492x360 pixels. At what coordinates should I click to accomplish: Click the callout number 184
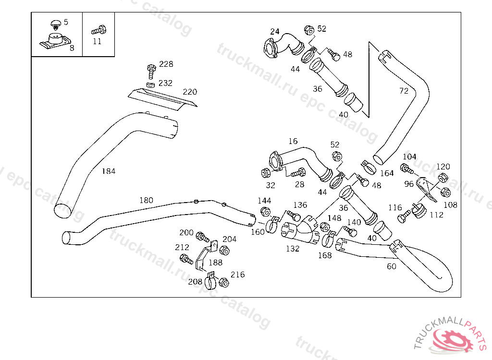(x=109, y=171)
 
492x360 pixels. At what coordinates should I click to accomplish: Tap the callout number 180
(x=146, y=200)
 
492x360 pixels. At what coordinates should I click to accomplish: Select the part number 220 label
(x=190, y=92)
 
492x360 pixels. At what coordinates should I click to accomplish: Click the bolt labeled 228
(x=151, y=72)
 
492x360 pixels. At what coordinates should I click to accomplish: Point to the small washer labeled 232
(x=150, y=84)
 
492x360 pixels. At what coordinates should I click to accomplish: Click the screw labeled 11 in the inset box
(x=99, y=30)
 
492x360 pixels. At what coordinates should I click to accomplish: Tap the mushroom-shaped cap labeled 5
(x=56, y=24)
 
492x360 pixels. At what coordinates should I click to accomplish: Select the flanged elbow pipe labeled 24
(x=283, y=46)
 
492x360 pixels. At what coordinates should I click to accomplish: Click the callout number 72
(x=404, y=91)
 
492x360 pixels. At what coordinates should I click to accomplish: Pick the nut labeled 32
(x=265, y=173)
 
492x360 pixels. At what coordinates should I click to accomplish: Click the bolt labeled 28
(x=298, y=172)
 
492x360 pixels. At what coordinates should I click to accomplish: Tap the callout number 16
(x=293, y=141)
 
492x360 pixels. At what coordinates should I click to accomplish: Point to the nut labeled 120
(x=443, y=178)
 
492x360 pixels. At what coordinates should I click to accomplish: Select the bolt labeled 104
(x=407, y=168)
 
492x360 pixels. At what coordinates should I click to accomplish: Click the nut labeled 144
(x=265, y=212)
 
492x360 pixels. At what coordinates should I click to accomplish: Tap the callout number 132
(x=293, y=249)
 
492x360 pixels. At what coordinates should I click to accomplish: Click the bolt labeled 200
(x=202, y=237)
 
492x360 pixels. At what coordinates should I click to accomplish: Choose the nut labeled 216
(x=224, y=282)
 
